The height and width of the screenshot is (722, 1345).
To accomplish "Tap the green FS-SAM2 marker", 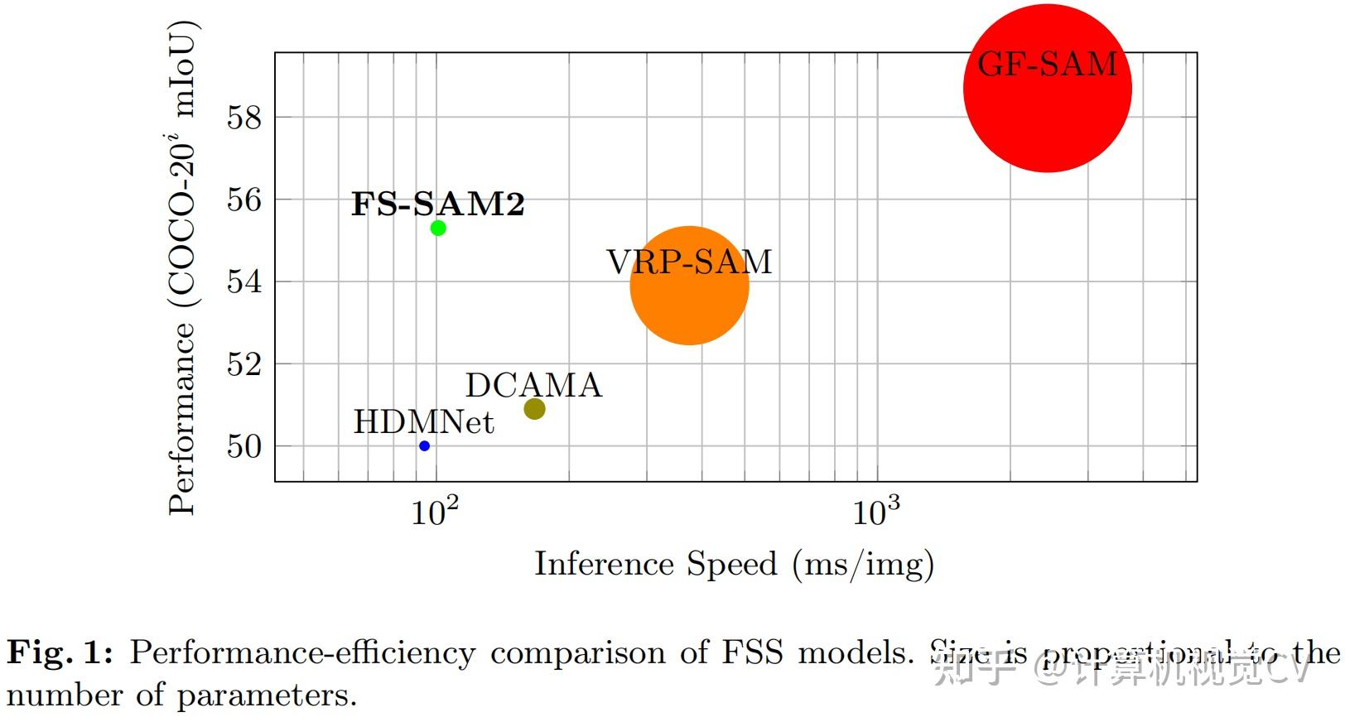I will pyautogui.click(x=438, y=228).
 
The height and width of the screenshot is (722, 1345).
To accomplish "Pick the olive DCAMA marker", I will pyautogui.click(x=534, y=408).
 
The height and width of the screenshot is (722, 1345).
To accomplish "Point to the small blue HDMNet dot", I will pyautogui.click(x=424, y=445).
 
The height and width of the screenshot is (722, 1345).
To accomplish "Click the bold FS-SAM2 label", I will pyautogui.click(x=437, y=204).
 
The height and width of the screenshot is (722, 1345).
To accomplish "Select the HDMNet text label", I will pyautogui.click(x=423, y=422).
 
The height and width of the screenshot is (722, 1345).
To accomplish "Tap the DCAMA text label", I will pyautogui.click(x=533, y=385).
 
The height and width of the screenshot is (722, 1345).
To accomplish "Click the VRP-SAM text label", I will pyautogui.click(x=689, y=262).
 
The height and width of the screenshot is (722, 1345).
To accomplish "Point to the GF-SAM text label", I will pyautogui.click(x=1047, y=64).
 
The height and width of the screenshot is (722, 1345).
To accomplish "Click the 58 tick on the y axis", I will pyautogui.click(x=243, y=118).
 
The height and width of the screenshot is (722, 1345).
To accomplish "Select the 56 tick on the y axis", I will pyautogui.click(x=243, y=200).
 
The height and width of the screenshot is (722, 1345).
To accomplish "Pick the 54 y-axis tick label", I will pyautogui.click(x=243, y=282).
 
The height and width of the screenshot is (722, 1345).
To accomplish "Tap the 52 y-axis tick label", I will pyautogui.click(x=243, y=363).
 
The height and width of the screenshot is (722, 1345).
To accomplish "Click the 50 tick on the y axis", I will pyautogui.click(x=243, y=446).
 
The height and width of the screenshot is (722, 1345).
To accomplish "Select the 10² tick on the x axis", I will pyautogui.click(x=435, y=511).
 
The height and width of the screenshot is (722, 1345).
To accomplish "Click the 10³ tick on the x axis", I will pyautogui.click(x=876, y=511).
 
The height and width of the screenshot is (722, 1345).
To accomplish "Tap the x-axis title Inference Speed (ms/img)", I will pyautogui.click(x=734, y=565).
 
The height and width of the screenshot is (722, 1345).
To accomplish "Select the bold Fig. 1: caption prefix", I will pyautogui.click(x=60, y=653).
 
